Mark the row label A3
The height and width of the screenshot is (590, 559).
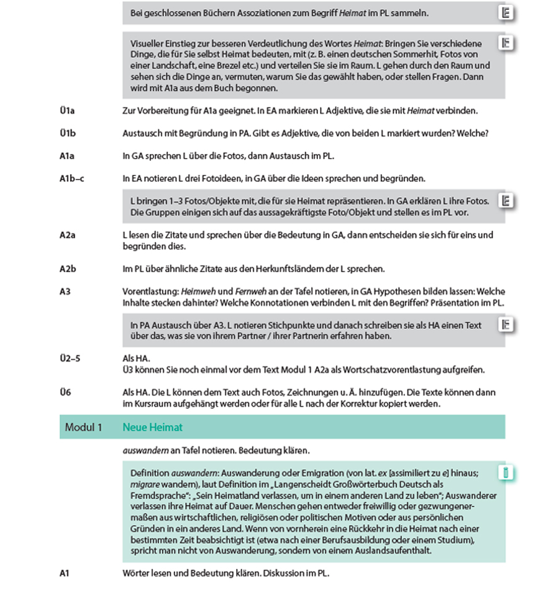tap(65, 292)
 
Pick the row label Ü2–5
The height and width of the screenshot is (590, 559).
tap(70, 359)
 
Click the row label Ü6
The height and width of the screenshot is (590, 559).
tap(65, 393)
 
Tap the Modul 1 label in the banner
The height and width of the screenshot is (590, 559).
tap(83, 428)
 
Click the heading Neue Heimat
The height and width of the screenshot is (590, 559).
tap(152, 428)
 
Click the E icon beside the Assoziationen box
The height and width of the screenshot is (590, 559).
tap(506, 13)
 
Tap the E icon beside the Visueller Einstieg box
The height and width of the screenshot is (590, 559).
tap(506, 43)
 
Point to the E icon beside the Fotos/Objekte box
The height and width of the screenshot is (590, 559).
tap(506, 200)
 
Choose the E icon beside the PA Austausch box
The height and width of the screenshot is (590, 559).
tap(506, 324)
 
